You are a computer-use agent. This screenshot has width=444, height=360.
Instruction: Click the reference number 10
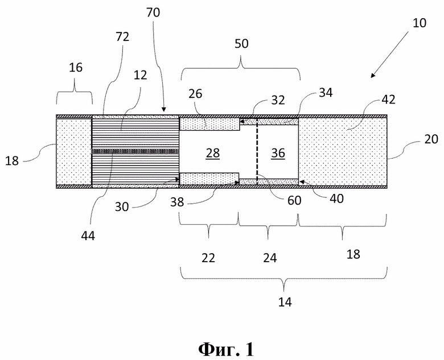click(x=420, y=23)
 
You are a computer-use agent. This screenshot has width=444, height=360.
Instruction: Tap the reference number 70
click(x=153, y=13)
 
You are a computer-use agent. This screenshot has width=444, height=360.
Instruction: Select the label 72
click(x=122, y=37)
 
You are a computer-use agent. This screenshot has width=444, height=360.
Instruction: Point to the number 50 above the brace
click(x=241, y=44)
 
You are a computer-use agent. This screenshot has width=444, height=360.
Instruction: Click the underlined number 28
click(x=213, y=153)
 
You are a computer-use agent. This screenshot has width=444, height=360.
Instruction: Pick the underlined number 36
click(x=278, y=153)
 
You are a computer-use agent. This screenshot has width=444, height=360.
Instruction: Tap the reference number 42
click(x=388, y=100)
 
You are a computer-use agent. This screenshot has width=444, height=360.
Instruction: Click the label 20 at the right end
click(x=431, y=139)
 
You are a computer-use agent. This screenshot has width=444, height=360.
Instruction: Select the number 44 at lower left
click(x=88, y=235)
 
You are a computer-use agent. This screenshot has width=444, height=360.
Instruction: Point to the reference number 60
click(x=294, y=200)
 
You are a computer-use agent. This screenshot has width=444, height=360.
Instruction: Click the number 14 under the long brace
click(x=285, y=302)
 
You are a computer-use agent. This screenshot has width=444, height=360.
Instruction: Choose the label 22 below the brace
click(x=208, y=258)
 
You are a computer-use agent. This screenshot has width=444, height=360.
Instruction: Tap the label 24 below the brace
click(x=270, y=258)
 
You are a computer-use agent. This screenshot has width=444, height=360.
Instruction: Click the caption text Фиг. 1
click(x=226, y=350)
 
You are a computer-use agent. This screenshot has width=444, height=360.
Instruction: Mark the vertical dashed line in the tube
click(x=257, y=152)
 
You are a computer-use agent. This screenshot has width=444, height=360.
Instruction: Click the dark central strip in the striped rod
click(x=135, y=151)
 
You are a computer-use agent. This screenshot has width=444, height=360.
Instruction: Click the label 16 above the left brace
click(x=76, y=67)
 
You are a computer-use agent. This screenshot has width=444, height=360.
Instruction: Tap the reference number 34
click(x=326, y=93)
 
